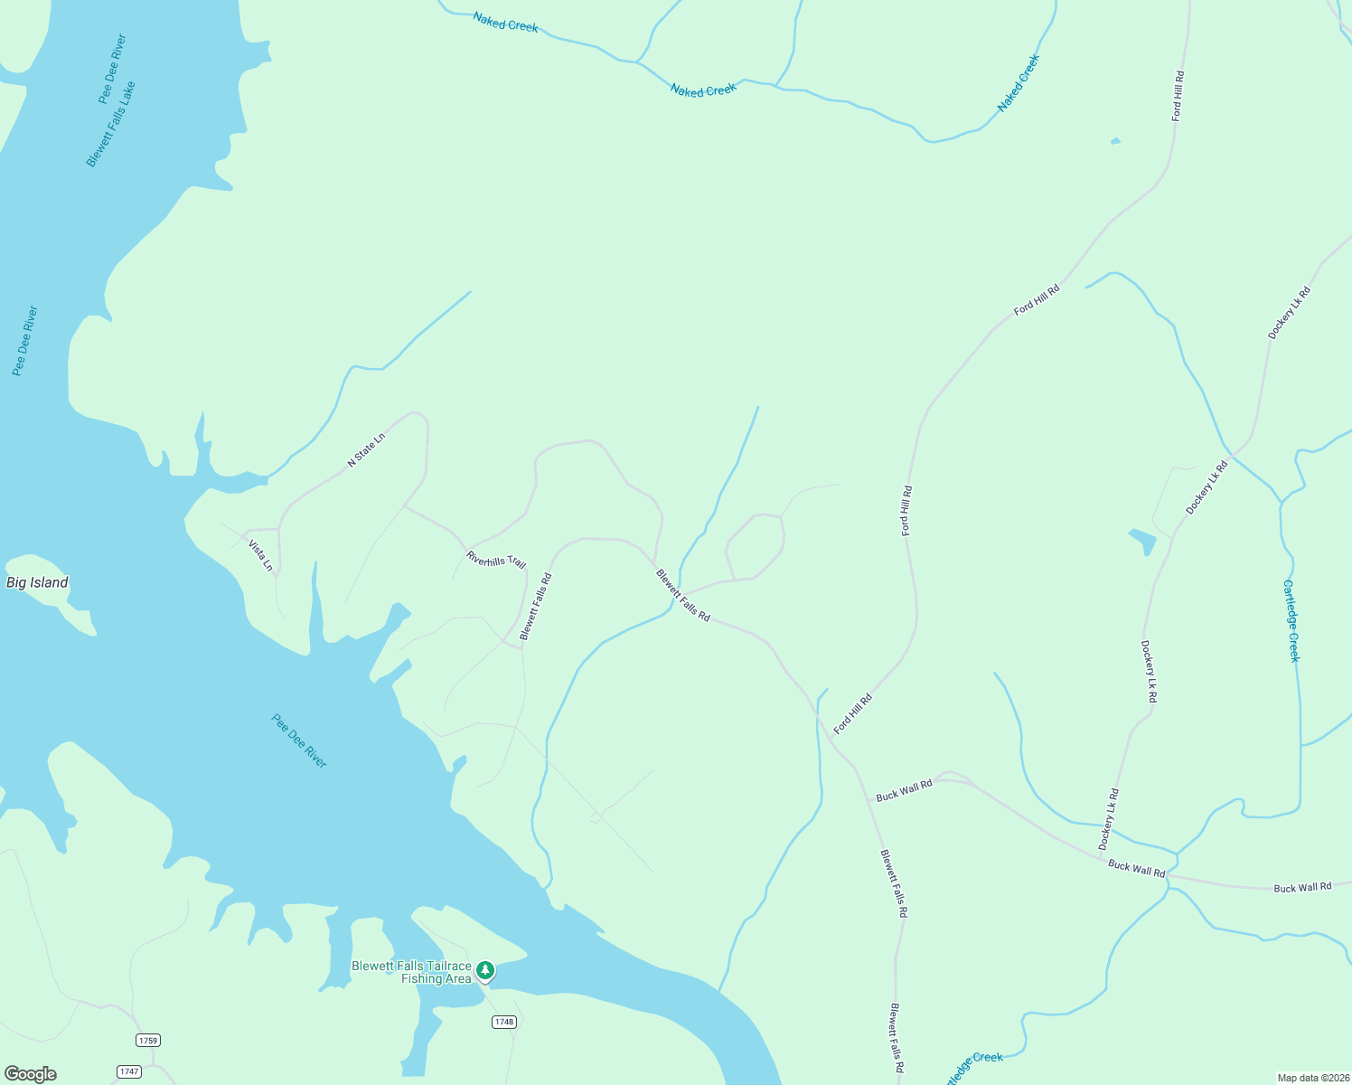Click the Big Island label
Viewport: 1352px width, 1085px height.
click(x=37, y=583)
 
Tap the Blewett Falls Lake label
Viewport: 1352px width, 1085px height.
click(x=110, y=124)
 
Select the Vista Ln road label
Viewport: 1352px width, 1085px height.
click(x=260, y=554)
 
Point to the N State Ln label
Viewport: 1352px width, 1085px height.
click(x=366, y=449)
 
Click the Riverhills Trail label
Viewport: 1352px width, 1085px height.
click(x=496, y=560)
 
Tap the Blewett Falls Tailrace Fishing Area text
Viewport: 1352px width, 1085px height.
click(x=411, y=973)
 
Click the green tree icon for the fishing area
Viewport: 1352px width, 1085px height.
click(x=485, y=970)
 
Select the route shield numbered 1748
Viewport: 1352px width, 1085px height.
click(x=504, y=1022)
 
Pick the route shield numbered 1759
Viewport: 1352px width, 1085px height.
click(x=148, y=1040)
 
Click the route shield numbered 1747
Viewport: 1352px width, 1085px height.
click(x=129, y=1071)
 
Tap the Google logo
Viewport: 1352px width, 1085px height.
click(x=30, y=1074)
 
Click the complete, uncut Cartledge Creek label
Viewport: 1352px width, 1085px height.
click(x=1292, y=620)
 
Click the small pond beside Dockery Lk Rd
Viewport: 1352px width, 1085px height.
click(x=1143, y=541)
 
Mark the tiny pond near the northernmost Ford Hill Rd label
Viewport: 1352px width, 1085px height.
click(x=1115, y=141)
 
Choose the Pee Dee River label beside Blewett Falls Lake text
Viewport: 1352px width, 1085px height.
click(x=112, y=69)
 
